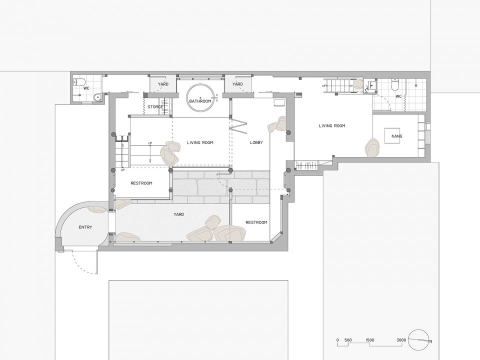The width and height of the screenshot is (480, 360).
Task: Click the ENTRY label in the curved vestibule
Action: coord(85,227)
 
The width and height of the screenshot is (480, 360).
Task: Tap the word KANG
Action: coord(396,136)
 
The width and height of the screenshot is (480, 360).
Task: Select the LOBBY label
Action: coord(256,142)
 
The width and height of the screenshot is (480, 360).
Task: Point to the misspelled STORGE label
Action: coord(155,107)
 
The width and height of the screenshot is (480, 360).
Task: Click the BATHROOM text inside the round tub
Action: coord(200,101)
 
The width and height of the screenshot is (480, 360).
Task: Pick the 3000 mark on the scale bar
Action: coord(401,340)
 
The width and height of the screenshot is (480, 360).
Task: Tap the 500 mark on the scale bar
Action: coord(348,340)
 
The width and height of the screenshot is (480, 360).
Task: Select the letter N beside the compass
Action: coord(430,341)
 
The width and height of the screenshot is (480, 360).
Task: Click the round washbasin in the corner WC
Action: coord(97,97)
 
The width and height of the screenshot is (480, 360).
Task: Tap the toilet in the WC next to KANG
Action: coord(395,85)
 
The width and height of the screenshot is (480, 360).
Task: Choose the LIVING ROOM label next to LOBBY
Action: coord(200,142)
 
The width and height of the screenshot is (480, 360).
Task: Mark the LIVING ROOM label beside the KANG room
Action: coord(332,126)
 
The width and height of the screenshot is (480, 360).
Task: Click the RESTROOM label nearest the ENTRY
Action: coord(141,183)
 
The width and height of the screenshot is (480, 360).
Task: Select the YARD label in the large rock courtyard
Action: coord(179,214)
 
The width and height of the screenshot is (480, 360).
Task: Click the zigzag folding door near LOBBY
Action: coord(238,125)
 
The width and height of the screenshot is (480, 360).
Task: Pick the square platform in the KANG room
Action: coord(392,136)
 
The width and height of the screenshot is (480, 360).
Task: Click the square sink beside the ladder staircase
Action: coord(372,84)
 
